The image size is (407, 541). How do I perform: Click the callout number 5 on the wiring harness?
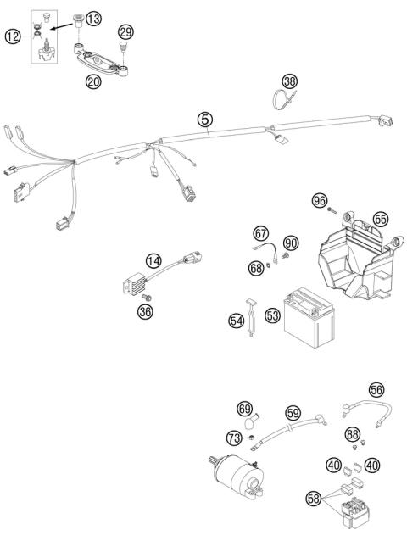point(204,120)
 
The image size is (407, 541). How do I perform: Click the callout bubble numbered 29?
point(125,32)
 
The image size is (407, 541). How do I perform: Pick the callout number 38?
point(291,82)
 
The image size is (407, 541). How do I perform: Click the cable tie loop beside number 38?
point(280,99)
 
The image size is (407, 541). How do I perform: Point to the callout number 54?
point(237,321)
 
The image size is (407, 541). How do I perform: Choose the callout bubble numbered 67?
point(260,232)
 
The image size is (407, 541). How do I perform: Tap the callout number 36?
point(146,312)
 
